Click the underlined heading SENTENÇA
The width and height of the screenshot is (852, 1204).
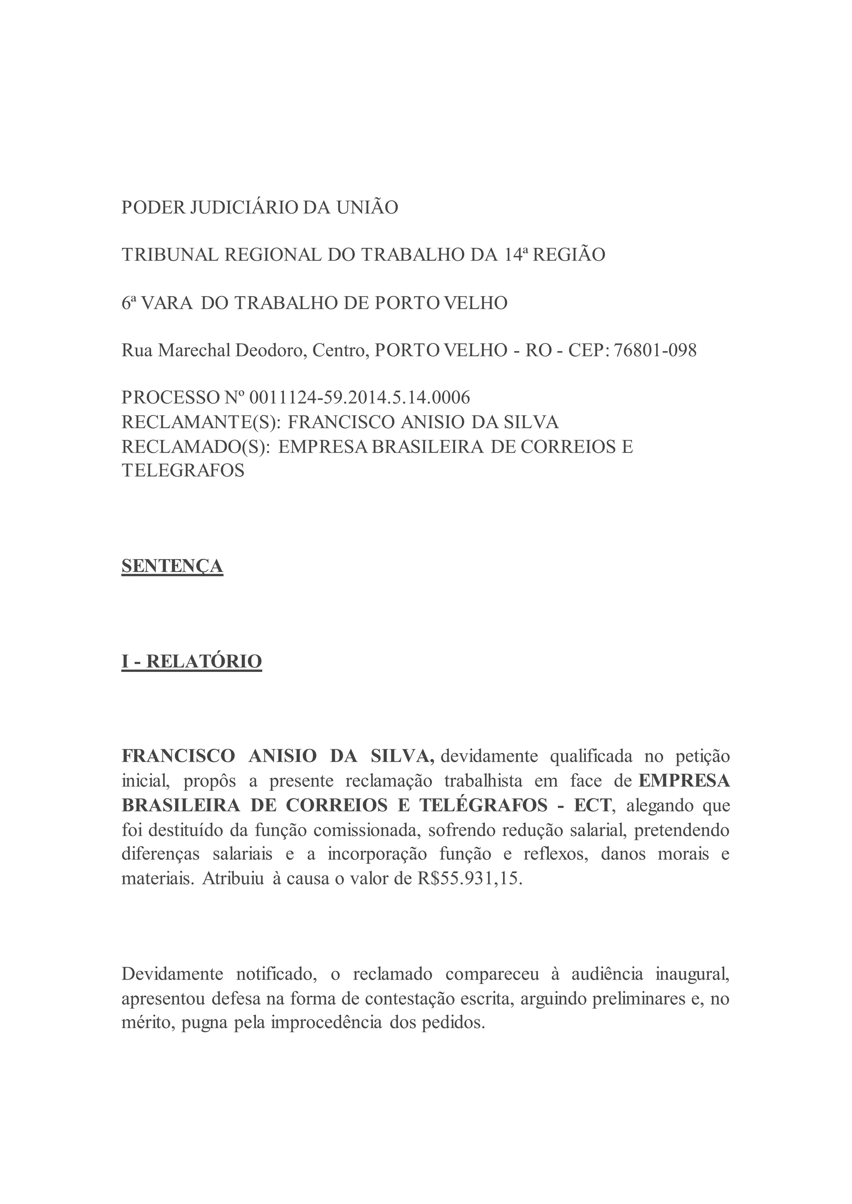(x=172, y=566)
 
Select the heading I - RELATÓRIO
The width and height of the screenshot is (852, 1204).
(x=191, y=661)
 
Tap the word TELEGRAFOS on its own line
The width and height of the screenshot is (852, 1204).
(x=183, y=470)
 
